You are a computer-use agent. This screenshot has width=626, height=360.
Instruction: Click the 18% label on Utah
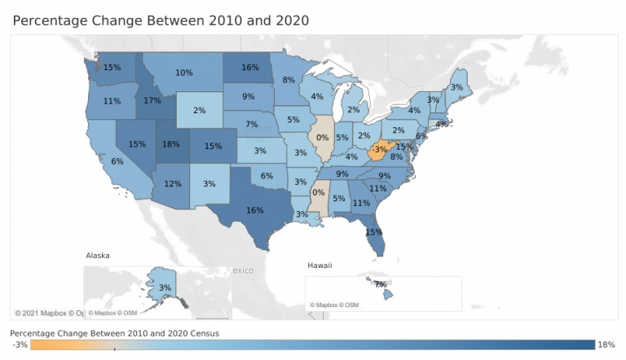[x=170, y=145]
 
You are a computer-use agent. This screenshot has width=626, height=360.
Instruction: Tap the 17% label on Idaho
[x=152, y=102]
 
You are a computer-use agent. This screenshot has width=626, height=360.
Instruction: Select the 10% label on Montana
[x=184, y=72]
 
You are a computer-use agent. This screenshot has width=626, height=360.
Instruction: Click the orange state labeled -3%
[x=379, y=149]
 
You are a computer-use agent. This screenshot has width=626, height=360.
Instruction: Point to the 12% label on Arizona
[x=173, y=184]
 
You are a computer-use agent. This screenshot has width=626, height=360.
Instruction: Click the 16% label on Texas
[x=254, y=210]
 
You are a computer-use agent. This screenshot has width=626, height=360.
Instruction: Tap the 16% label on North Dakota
[x=250, y=68]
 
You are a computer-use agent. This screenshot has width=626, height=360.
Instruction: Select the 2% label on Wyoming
[x=200, y=110]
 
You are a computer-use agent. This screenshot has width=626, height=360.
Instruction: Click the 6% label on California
[x=117, y=161]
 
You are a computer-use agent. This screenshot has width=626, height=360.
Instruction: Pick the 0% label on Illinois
[x=323, y=138]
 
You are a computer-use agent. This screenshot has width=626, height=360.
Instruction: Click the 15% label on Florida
[x=374, y=232]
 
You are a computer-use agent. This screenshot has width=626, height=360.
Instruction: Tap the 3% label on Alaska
[x=165, y=288]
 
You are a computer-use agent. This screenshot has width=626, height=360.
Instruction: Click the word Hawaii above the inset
[x=320, y=266]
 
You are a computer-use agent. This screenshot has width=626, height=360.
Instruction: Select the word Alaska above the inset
[x=99, y=256]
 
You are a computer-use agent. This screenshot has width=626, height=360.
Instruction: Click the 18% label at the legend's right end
[x=607, y=345]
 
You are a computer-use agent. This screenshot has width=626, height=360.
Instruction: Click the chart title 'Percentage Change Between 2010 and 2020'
[x=161, y=18]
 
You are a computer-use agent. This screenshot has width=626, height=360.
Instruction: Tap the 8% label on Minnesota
[x=289, y=80]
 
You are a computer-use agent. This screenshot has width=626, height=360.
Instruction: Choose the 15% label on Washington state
[x=112, y=68]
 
